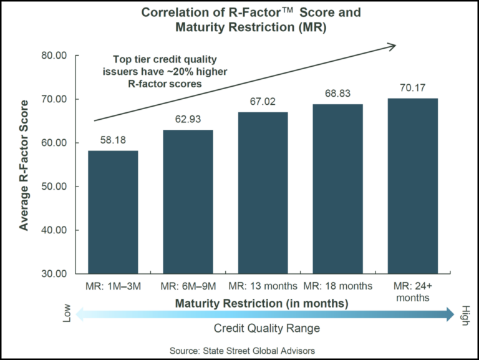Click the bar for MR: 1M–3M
[113, 212]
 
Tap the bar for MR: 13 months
[263, 193]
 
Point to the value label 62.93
[188, 119]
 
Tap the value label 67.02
[263, 101]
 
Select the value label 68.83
[337, 93]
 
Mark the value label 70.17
[412, 87]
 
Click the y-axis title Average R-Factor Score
[24, 165]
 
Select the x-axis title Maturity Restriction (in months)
[261, 304]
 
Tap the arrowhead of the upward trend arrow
[392, 45]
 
